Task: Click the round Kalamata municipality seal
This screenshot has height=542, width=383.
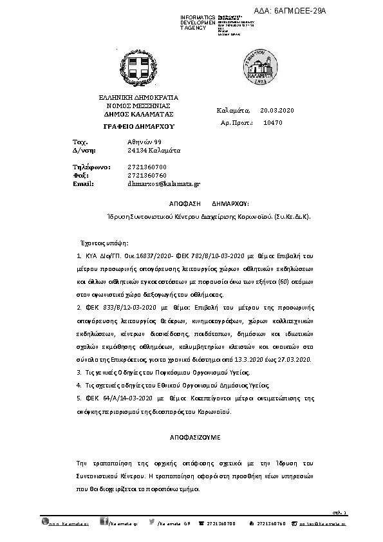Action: (257, 67)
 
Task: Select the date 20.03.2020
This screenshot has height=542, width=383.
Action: (277, 111)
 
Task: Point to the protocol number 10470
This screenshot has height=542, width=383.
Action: (273, 122)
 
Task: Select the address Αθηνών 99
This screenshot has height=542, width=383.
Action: (144, 141)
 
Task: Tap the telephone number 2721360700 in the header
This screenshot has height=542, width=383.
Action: (147, 167)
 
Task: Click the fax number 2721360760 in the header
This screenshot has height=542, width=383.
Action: (147, 175)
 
